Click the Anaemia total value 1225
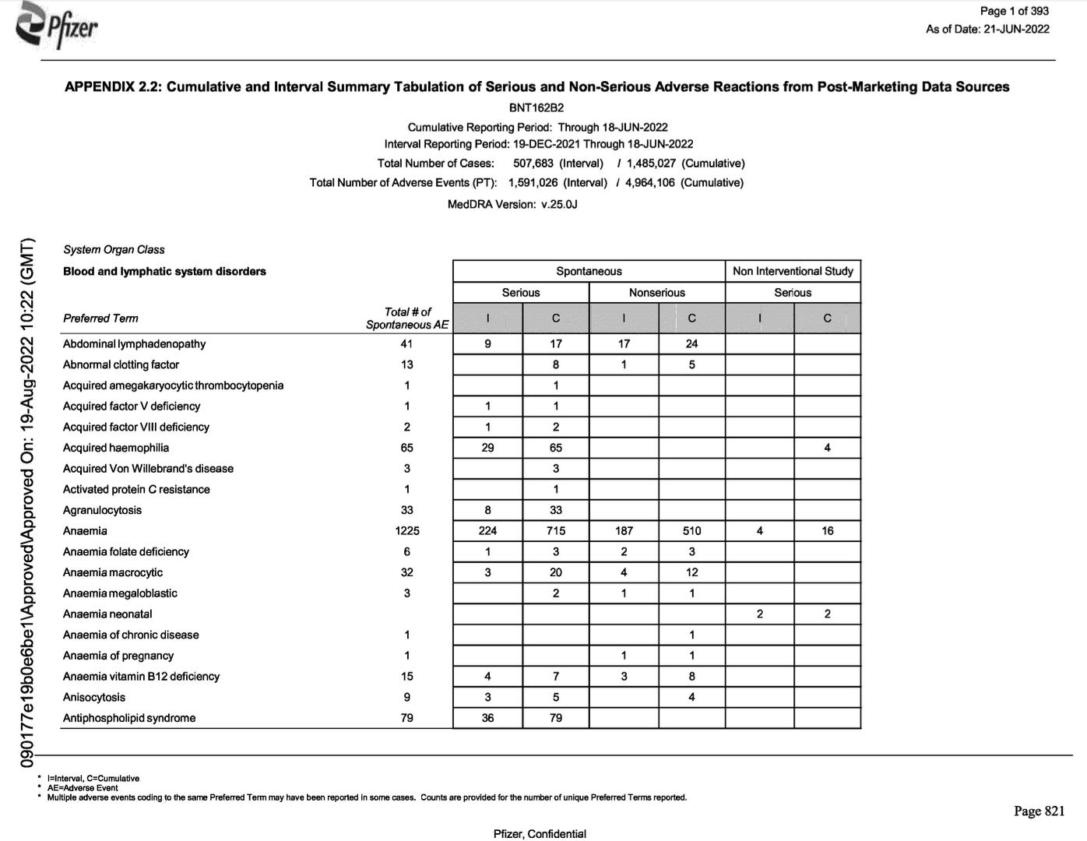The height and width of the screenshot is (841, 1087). click(406, 531)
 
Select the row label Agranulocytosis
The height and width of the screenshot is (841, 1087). click(102, 510)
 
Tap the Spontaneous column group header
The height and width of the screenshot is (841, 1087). click(589, 271)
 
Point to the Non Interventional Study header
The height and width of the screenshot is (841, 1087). click(793, 271)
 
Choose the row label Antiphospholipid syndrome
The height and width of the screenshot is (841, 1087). click(129, 718)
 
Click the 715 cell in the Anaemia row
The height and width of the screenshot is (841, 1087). click(555, 531)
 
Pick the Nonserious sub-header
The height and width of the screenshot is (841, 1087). click(656, 293)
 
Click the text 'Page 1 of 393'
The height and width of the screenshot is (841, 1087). click(1014, 11)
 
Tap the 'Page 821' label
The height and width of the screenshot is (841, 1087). click(1039, 811)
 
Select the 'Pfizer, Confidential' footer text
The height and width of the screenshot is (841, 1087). click(540, 834)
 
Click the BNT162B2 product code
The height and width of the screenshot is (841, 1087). click(536, 108)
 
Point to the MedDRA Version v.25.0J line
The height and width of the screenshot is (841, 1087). click(512, 204)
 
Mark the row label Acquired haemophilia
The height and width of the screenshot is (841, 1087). click(116, 448)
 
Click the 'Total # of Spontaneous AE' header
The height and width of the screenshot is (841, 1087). click(407, 318)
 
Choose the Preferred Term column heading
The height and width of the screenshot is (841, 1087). click(100, 318)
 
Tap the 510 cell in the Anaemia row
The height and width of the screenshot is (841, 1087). click(691, 531)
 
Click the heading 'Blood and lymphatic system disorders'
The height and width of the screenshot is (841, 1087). click(164, 271)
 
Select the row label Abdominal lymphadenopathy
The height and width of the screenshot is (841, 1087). click(134, 343)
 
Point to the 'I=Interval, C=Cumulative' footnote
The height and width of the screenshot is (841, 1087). click(93, 779)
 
